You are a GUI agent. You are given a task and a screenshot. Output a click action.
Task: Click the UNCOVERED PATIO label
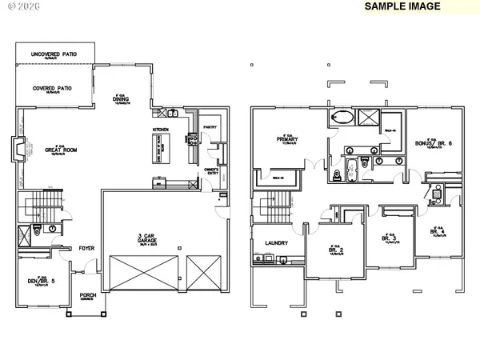point(54,54)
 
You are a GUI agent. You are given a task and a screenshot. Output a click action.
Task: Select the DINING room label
point(120,100)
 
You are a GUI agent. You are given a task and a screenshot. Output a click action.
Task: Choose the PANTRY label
point(210,126)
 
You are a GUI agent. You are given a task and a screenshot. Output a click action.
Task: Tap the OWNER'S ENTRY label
point(213,170)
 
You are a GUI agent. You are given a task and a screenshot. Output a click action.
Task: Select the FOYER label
point(86,248)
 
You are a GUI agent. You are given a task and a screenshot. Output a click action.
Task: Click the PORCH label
point(87,295)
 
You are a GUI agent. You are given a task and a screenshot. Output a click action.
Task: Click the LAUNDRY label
point(266,242)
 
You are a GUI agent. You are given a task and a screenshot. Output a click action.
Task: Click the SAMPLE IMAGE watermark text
point(402,6)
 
